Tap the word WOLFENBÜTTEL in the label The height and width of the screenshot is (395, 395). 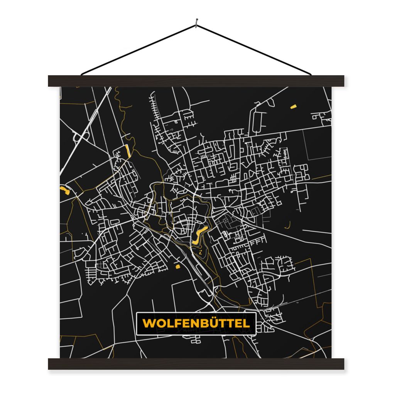click(x=196, y=323)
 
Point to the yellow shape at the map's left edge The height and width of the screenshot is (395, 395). click(x=64, y=190)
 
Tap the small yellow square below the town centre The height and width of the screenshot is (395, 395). click(x=178, y=266)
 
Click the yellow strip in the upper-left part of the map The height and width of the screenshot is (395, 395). click(x=128, y=151)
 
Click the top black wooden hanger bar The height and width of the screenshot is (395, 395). click(x=196, y=81)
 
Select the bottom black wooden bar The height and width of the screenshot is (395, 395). click(x=196, y=364)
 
